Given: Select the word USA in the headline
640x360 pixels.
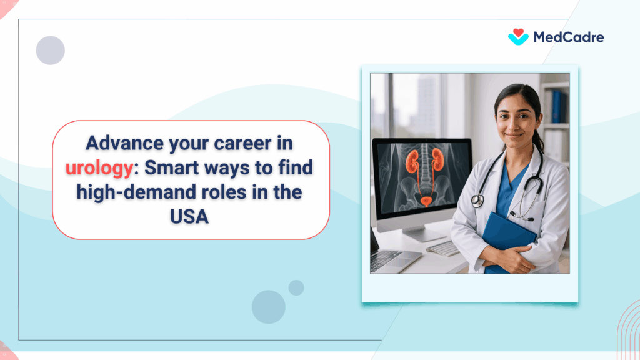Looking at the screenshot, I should tap(191, 216).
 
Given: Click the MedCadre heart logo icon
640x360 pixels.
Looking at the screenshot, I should tap(518, 37).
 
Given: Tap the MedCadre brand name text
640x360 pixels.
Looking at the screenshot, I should tap(568, 37).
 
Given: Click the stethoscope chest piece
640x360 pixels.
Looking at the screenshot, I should tap(477, 201).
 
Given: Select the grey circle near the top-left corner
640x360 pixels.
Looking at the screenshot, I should tap(51, 51).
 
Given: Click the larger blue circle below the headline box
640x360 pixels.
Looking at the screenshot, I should tap(269, 307).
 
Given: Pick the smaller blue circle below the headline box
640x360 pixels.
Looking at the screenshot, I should tap(296, 287).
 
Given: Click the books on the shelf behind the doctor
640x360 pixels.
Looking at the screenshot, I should tap(556, 107).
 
